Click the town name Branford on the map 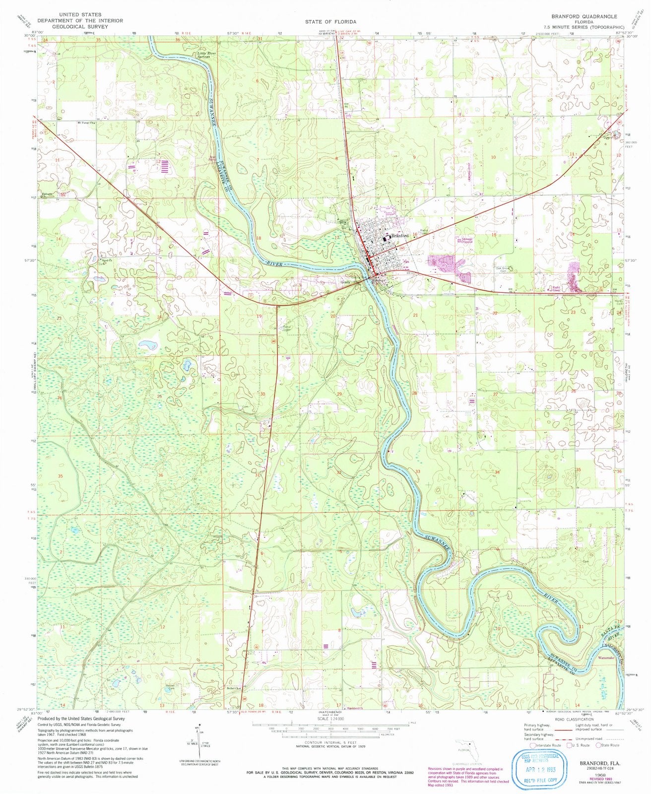tap(399, 236)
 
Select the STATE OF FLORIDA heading tap(330, 22)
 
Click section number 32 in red tap(338, 472)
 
